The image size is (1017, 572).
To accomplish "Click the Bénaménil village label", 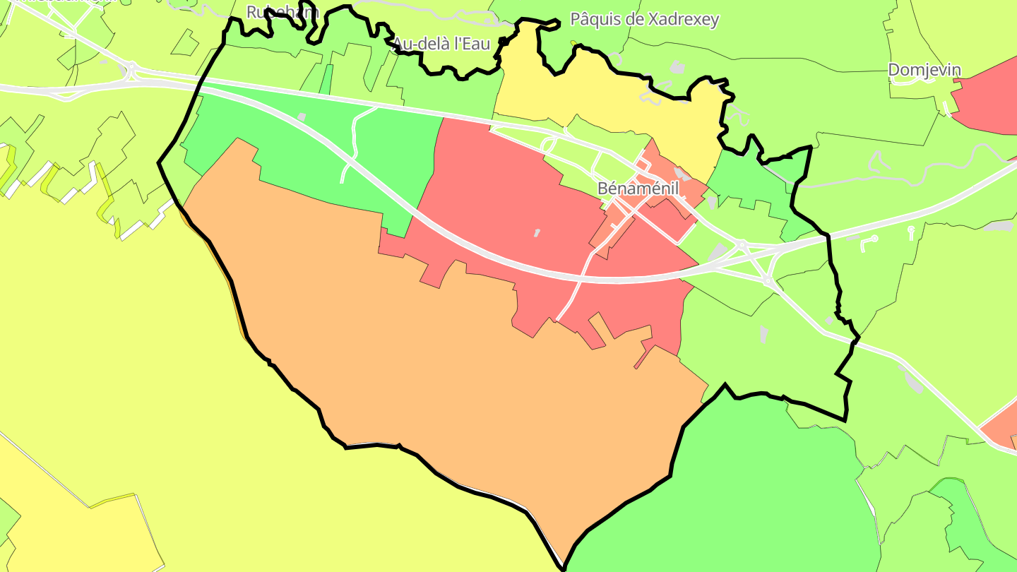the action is tap(638, 189).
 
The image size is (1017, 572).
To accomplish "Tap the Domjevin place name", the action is tap(924, 70).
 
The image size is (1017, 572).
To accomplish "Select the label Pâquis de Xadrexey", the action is tap(644, 19).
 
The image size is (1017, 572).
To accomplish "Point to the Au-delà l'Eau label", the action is tap(441, 43).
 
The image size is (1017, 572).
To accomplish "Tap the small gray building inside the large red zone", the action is tap(537, 232).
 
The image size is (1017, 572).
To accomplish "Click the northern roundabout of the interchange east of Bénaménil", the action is tap(742, 245).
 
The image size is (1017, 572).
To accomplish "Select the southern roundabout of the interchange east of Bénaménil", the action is tap(768, 281).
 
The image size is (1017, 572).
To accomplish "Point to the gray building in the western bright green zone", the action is tap(302, 117).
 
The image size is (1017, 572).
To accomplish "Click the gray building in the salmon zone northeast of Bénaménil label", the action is tap(679, 172).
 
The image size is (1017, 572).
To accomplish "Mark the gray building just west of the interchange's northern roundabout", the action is tap(719, 251).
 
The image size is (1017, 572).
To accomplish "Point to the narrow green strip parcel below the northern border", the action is tap(326, 79).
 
